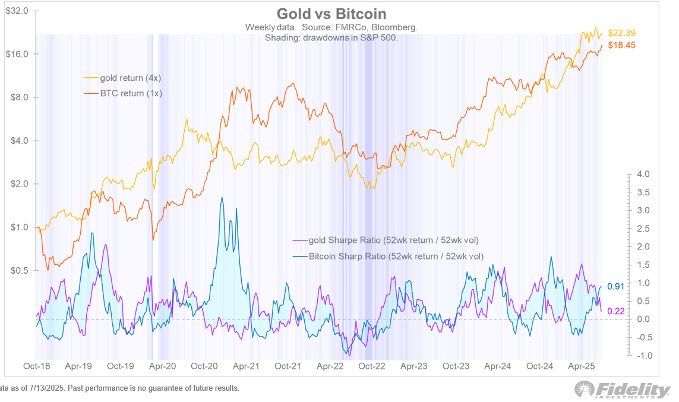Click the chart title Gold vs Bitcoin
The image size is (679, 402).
click(331, 14)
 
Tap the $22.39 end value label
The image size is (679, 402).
click(621, 33)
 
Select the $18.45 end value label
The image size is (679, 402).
click(621, 45)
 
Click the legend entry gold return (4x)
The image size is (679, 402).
click(122, 78)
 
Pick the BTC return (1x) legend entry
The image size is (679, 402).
click(122, 93)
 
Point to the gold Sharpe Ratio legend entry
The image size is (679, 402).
click(386, 240)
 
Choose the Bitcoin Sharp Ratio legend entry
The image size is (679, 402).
click(388, 256)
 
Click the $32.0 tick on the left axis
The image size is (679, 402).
click(17, 11)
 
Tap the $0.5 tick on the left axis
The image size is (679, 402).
click(20, 270)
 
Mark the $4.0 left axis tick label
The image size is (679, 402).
click(20, 141)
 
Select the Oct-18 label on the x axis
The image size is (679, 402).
click(36, 366)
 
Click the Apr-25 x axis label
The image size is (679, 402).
click(581, 366)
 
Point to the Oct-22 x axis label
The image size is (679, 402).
click(371, 366)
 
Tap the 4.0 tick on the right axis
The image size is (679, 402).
click(643, 174)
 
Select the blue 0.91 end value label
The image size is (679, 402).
click(616, 286)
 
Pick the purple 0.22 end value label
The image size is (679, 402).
click(616, 311)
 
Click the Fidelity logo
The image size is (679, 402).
click(623, 390)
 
